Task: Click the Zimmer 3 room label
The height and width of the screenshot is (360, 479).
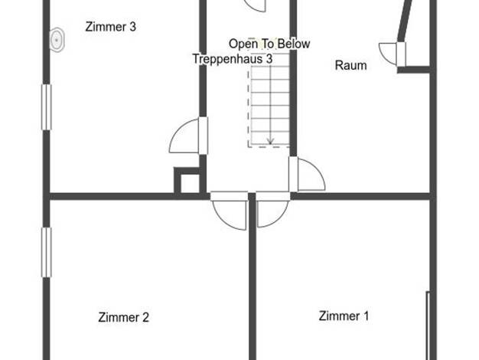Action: click(x=111, y=27)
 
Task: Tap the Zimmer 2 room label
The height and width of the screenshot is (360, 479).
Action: click(x=124, y=317)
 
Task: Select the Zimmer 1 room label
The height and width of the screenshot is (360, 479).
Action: click(x=344, y=316)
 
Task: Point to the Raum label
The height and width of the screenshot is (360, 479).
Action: click(x=350, y=65)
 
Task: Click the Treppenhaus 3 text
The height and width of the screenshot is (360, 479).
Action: click(x=233, y=58)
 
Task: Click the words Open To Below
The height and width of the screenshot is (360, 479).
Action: click(x=269, y=44)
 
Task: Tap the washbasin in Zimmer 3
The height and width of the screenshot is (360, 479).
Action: click(x=57, y=40)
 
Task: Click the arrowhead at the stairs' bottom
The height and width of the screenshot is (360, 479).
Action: click(x=270, y=141)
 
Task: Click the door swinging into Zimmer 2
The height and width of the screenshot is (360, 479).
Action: click(x=229, y=211)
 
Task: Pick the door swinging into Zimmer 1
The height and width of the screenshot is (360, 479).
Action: click(x=272, y=210)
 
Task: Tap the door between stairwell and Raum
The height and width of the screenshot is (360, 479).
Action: click(x=307, y=175)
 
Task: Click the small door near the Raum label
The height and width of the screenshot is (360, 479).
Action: click(x=393, y=54)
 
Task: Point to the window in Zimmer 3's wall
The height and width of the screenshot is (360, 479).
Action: click(x=47, y=107)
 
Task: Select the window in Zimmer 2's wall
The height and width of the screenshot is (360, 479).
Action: click(x=47, y=252)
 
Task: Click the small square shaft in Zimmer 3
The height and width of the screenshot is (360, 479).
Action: click(x=187, y=180)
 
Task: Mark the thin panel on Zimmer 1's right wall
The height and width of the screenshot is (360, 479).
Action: click(x=428, y=326)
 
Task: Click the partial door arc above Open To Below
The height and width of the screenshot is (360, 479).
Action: click(x=255, y=6)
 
